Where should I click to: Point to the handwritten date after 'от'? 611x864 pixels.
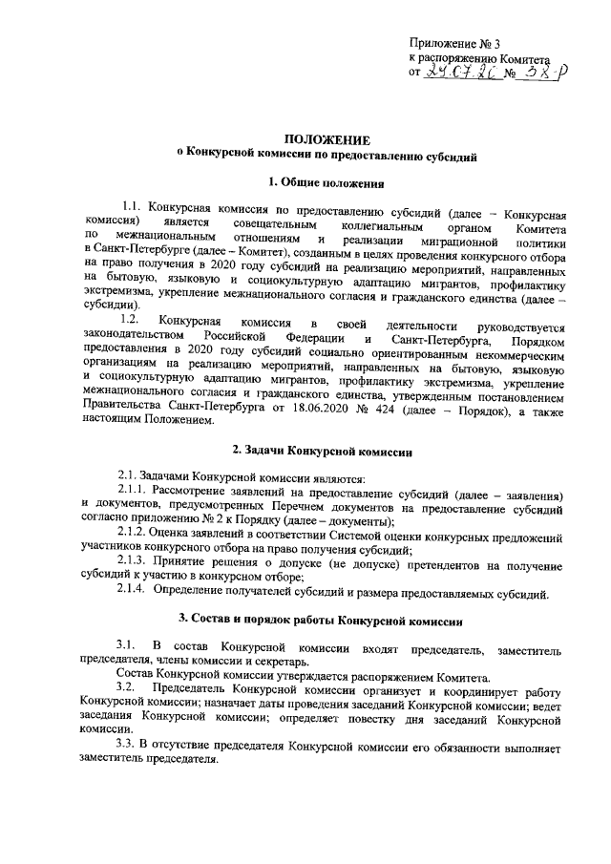click(x=460, y=72)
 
